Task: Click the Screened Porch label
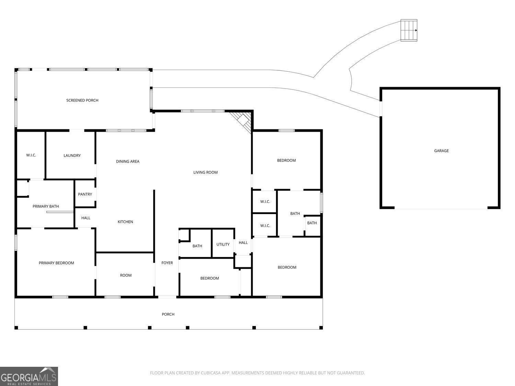click(82, 100)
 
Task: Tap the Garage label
click(441, 151)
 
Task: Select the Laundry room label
click(72, 155)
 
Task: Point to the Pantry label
click(85, 194)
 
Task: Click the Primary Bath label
click(46, 206)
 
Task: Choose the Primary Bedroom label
click(56, 263)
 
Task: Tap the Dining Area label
click(128, 161)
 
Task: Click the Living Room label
click(205, 172)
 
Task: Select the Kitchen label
click(125, 222)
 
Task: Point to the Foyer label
click(167, 263)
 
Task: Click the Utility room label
click(223, 244)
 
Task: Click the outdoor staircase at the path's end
click(409, 30)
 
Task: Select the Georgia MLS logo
click(29, 376)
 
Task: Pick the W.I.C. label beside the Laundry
click(31, 155)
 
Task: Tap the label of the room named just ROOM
click(126, 275)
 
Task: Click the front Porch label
click(168, 314)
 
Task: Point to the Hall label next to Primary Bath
click(85, 218)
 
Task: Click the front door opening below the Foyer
click(167, 297)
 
